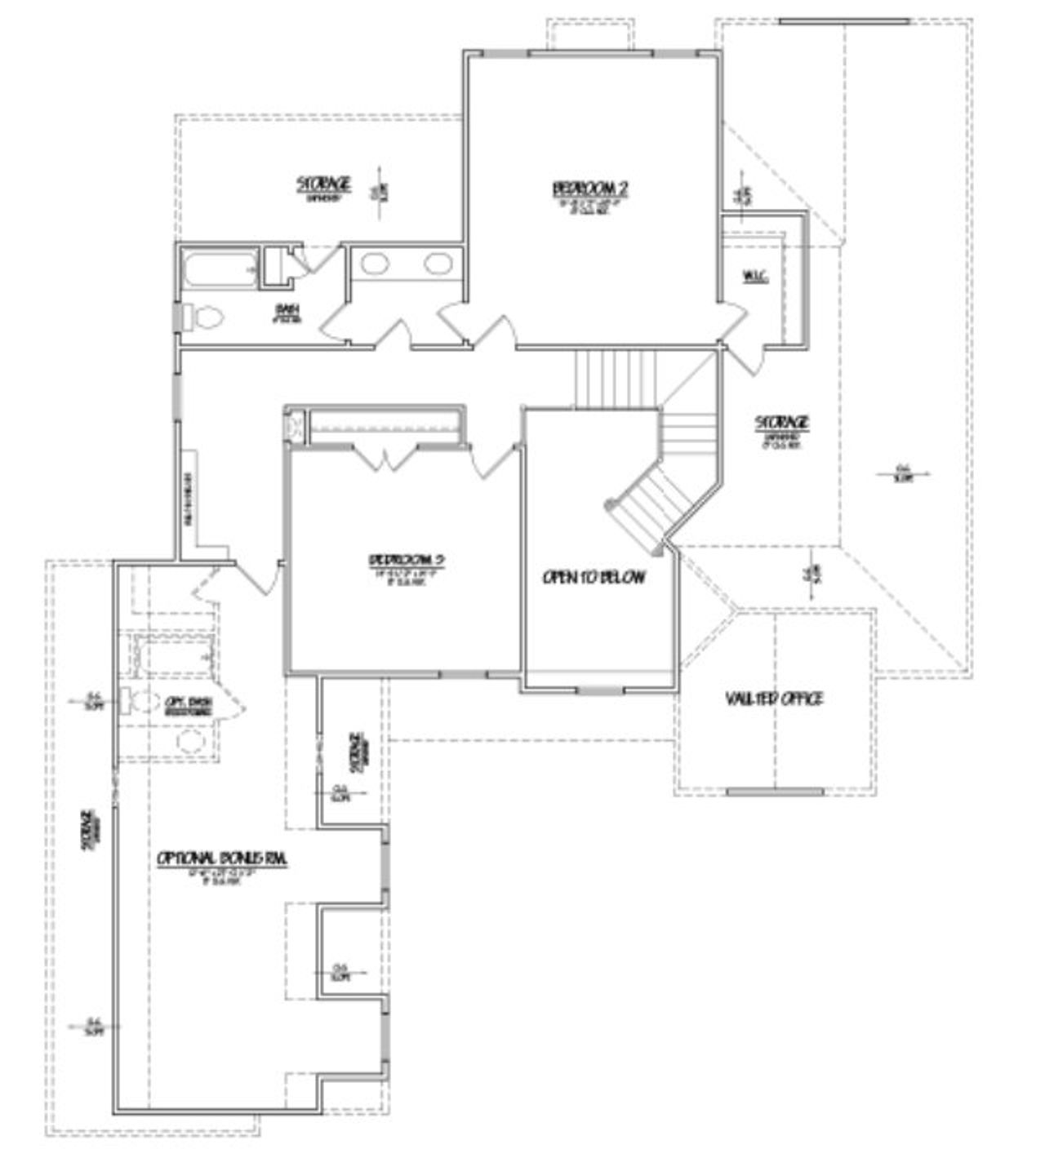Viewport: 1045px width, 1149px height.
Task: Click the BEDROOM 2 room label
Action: tap(591, 189)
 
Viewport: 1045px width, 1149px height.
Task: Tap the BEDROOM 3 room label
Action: tap(406, 561)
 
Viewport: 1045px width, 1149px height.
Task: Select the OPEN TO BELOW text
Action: tap(594, 578)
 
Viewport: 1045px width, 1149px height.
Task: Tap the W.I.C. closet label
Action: tap(755, 277)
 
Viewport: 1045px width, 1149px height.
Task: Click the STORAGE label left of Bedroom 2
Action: tap(323, 183)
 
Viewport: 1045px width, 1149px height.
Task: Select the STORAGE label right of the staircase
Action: tap(781, 423)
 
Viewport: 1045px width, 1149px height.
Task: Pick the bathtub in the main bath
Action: tap(218, 270)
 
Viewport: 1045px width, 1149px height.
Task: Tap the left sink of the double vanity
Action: tap(375, 264)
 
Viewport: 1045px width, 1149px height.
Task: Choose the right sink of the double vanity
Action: tap(438, 264)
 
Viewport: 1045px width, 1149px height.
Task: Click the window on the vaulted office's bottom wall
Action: tap(775, 792)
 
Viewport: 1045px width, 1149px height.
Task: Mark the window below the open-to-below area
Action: tap(601, 691)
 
